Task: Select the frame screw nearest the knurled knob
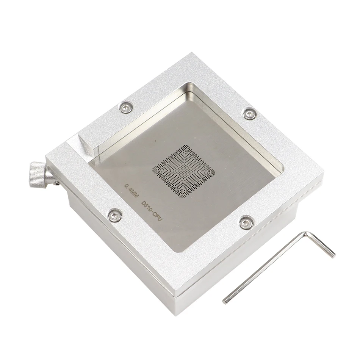tap(114, 216)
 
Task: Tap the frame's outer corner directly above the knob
tap(46, 158)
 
